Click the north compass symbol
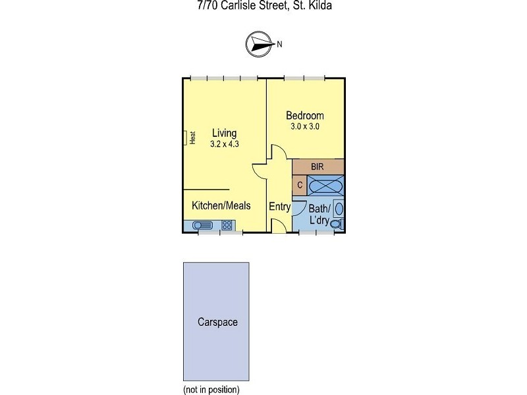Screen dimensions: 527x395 [258, 44]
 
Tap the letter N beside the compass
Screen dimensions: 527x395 [279, 44]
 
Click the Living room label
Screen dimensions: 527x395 [224, 134]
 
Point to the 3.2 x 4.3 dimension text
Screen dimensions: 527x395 [225, 144]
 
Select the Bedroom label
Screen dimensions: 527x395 [305, 116]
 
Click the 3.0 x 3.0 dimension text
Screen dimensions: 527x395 [305, 126]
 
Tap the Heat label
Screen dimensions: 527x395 [192, 138]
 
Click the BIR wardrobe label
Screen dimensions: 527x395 [318, 167]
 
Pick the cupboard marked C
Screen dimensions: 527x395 [300, 185]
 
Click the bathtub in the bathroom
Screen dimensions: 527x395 [325, 186]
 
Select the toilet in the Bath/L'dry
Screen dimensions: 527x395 [337, 224]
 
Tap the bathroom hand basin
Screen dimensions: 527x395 [339, 209]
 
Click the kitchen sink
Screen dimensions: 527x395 [202, 225]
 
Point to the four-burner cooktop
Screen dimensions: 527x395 [227, 225]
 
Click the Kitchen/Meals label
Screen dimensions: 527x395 [221, 205]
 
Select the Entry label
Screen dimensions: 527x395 [279, 207]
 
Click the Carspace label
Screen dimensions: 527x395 [217, 322]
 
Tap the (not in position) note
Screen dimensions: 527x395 [211, 390]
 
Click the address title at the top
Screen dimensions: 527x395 [265, 5]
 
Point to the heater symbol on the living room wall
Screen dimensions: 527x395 [185, 138]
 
